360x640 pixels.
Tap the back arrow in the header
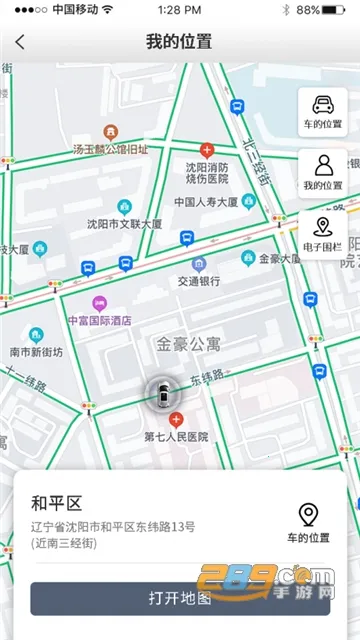20,43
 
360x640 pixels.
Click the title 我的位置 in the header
179,42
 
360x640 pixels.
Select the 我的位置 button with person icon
322,173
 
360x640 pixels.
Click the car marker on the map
160,395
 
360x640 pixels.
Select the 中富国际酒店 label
99,321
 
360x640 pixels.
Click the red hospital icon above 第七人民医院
176,420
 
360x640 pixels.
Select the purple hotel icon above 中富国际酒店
99,303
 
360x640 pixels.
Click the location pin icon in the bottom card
309,515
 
